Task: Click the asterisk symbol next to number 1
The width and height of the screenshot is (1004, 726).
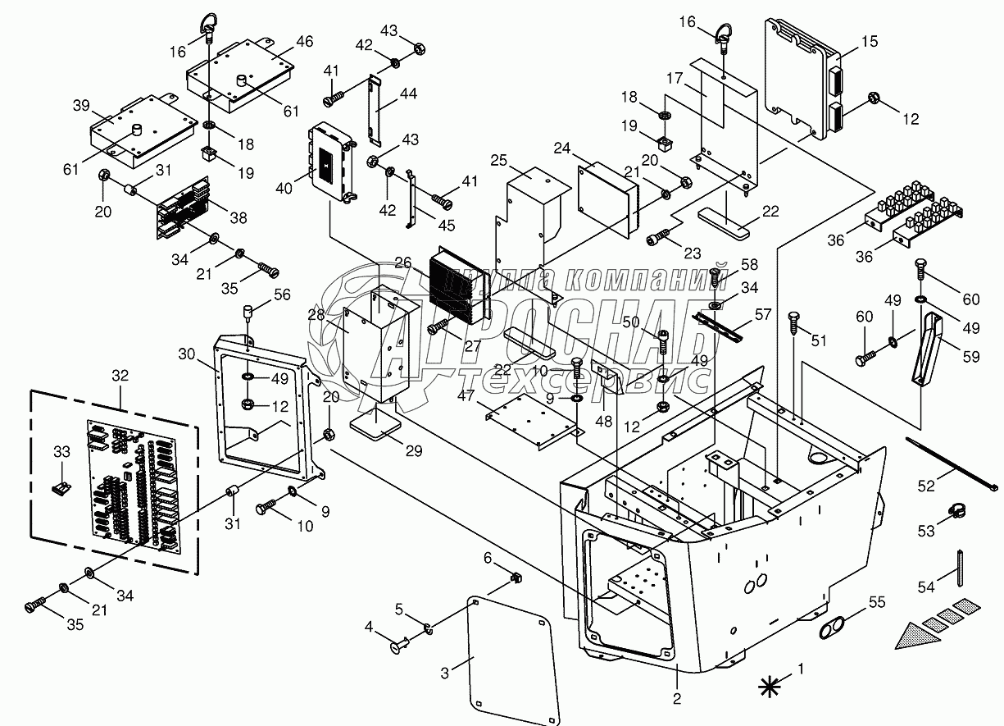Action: point(768,685)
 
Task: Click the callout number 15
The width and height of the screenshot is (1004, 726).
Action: point(870,41)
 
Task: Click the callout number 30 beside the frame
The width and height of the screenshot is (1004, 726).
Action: point(186,353)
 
